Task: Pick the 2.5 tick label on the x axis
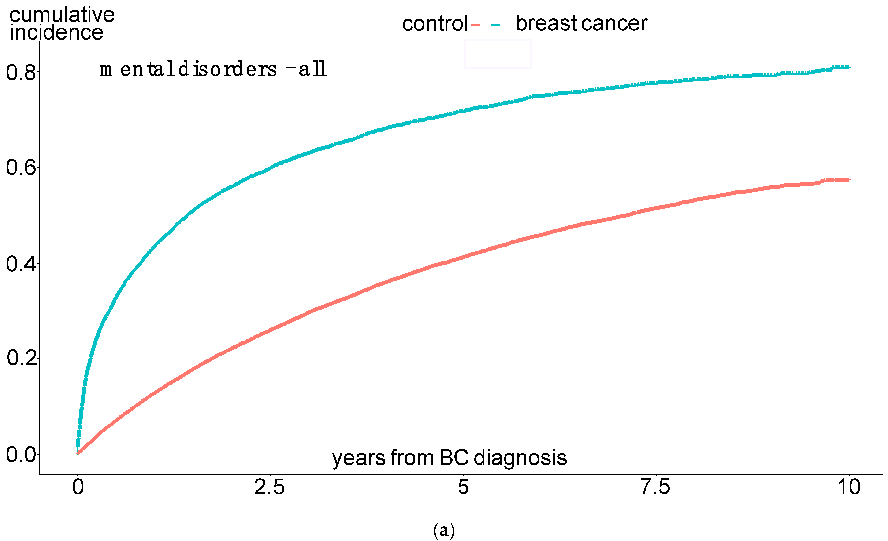270,487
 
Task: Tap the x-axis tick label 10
849,487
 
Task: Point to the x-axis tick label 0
78,487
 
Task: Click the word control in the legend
435,24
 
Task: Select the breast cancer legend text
581,24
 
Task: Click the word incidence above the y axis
57,33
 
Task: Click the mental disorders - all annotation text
213,69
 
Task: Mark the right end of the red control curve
849,179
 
